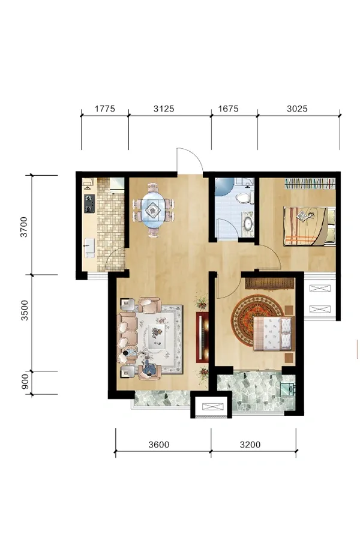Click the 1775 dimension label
click(105, 109)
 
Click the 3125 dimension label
click(164, 109)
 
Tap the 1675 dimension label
click(228, 109)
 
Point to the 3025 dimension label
click(297, 109)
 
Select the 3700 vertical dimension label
click(24, 227)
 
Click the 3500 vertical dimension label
click(25, 310)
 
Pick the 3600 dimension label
click(159, 445)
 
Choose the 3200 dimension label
click(250, 445)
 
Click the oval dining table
click(152, 210)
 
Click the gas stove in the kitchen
click(89, 203)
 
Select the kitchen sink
click(89, 248)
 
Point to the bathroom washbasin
click(248, 224)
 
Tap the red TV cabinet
click(202, 337)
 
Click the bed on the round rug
click(274, 334)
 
